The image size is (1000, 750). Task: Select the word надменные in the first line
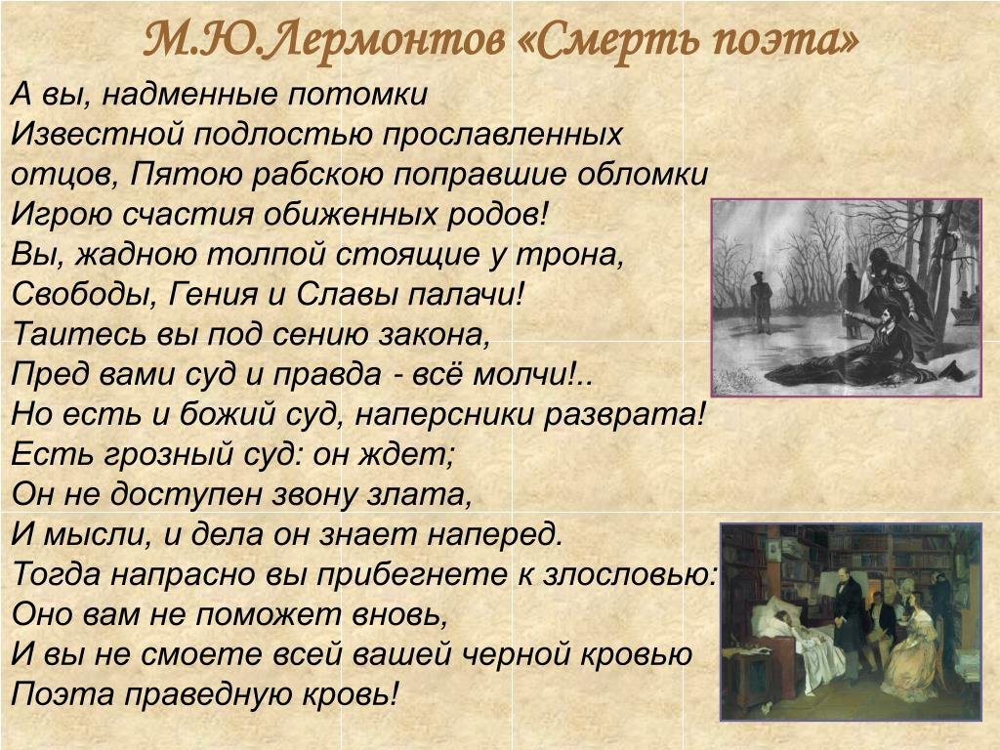pyautogui.click(x=188, y=95)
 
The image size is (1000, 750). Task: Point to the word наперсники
pyautogui.click(x=444, y=415)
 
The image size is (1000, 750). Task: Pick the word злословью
pyautogui.click(x=630, y=575)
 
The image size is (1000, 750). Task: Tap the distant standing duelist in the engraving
pyautogui.click(x=762, y=302)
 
